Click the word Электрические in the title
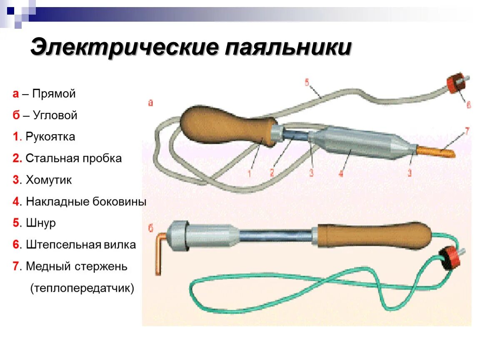pyautogui.click(x=124, y=47)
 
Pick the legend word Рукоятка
pyautogui.click(x=50, y=137)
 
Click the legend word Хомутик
pyautogui.click(x=49, y=180)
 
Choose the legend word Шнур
pyautogui.click(x=41, y=223)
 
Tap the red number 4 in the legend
pyautogui.click(x=16, y=202)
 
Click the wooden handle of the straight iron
pyautogui.click(x=225, y=125)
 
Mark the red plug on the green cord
pyautogui.click(x=449, y=257)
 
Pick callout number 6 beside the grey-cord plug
pyautogui.click(x=468, y=105)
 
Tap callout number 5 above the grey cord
pyautogui.click(x=307, y=82)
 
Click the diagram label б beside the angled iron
pyautogui.click(x=151, y=227)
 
